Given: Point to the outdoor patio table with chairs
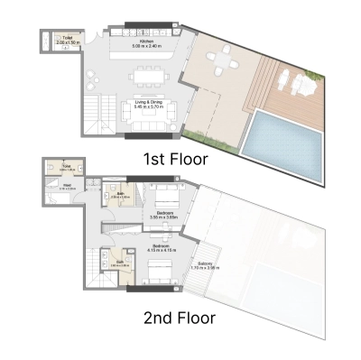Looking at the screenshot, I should click(x=219, y=62).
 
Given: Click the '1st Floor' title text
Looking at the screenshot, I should click(x=176, y=160).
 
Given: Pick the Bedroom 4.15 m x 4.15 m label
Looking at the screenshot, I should click(x=164, y=247).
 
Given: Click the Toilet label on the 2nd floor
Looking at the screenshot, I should click(x=67, y=168).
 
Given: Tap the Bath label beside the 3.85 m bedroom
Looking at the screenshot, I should click(x=121, y=194).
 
